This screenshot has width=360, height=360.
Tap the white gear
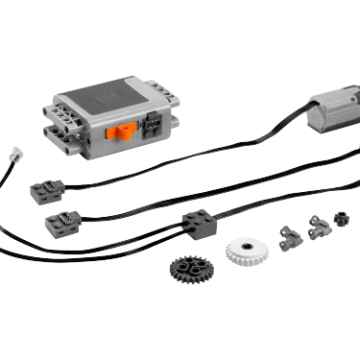[245, 252]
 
